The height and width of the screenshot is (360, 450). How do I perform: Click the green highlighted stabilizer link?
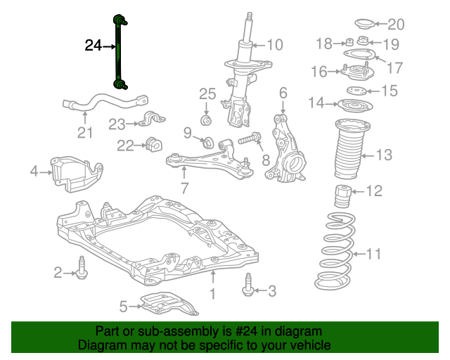(x=118, y=51)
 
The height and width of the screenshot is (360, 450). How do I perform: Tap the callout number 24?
(x=94, y=46)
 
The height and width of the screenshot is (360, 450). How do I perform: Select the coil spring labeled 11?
(x=335, y=251)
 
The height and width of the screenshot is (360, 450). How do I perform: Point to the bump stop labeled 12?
(x=343, y=196)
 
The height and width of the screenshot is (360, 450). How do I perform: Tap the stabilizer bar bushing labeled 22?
(x=154, y=145)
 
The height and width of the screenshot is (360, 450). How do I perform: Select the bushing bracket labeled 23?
(x=152, y=119)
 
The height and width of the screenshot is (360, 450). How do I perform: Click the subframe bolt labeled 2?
(x=82, y=268)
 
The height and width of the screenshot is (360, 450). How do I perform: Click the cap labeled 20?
(x=364, y=24)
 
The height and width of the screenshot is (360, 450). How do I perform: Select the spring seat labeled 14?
(x=356, y=106)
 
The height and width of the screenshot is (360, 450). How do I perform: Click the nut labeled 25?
(x=206, y=120)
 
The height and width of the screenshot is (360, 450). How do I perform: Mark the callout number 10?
(x=275, y=45)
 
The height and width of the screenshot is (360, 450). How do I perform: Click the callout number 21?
(x=85, y=133)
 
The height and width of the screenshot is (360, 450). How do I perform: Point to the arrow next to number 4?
(x=46, y=172)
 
